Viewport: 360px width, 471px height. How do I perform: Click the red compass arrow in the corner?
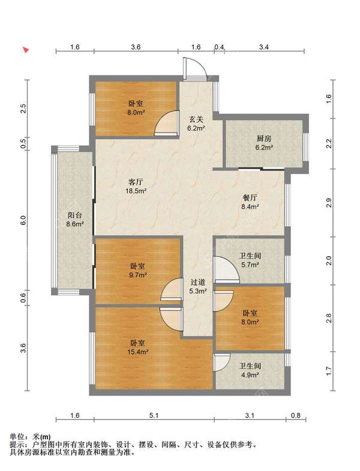coord(26,50)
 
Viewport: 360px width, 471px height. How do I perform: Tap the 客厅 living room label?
coord(136,182)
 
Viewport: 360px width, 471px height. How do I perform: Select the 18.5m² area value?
coord(136,190)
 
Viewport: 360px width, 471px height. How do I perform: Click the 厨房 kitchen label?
coord(264,139)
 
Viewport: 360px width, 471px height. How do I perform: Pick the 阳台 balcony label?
coord(74,215)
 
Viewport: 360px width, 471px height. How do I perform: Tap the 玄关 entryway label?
coord(196,119)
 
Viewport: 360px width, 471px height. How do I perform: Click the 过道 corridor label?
coord(198,282)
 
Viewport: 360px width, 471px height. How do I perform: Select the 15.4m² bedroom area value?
coord(137,352)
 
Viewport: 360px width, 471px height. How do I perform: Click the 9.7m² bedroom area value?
coord(138,275)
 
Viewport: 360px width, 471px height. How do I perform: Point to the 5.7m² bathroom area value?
coord(250,265)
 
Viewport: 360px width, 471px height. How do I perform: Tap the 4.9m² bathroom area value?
coord(250,375)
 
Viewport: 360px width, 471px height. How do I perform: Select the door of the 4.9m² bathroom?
coord(222,362)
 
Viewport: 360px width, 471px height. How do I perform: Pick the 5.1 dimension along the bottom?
coord(154,415)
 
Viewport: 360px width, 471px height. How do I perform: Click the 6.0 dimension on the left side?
coord(24,221)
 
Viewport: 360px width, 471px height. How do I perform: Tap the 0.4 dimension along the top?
coord(219,47)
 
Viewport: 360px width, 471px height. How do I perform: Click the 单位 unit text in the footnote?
coord(16,436)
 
